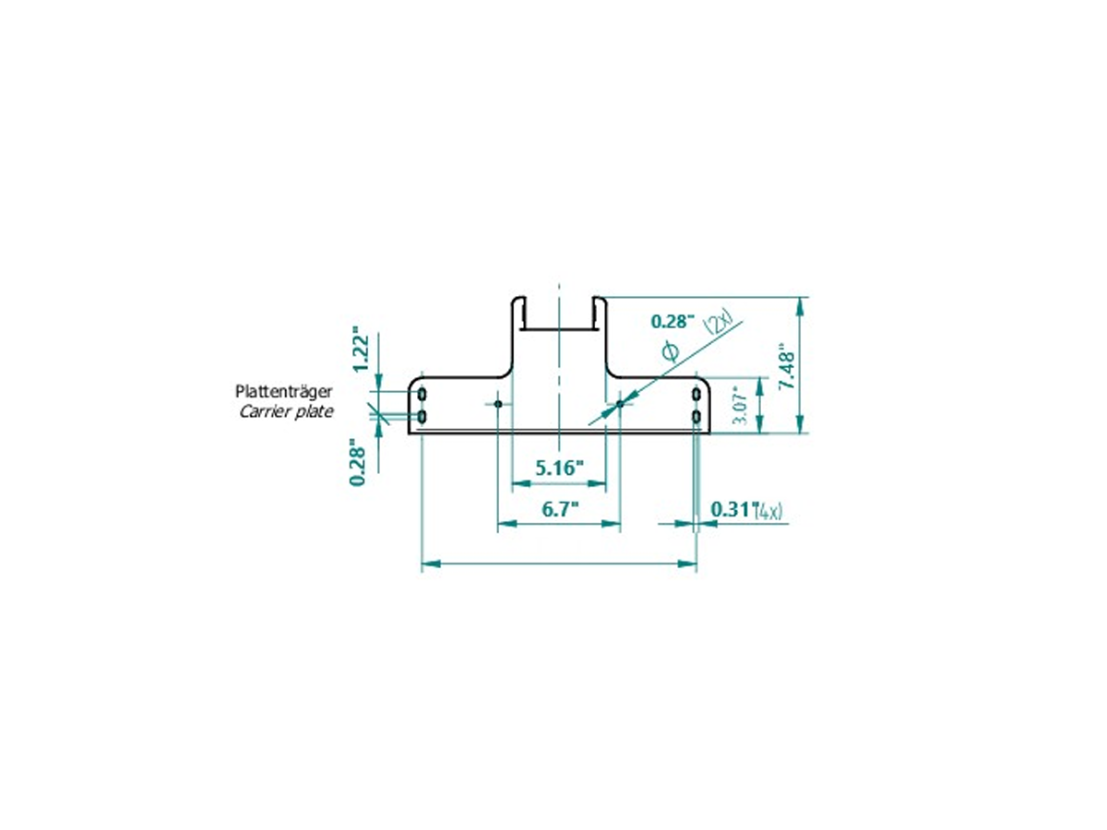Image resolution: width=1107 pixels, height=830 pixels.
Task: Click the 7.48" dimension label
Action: (787, 366)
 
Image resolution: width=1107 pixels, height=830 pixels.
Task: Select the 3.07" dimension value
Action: (741, 406)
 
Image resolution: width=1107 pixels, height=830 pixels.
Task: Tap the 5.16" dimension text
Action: (559, 468)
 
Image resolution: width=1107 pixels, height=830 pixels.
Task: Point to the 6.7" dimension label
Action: (560, 509)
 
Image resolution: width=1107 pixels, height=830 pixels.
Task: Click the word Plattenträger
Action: (284, 391)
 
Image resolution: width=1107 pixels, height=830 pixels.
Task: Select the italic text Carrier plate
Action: (286, 411)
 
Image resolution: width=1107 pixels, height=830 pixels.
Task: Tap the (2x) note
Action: (721, 325)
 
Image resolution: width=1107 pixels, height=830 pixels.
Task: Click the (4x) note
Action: (769, 512)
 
